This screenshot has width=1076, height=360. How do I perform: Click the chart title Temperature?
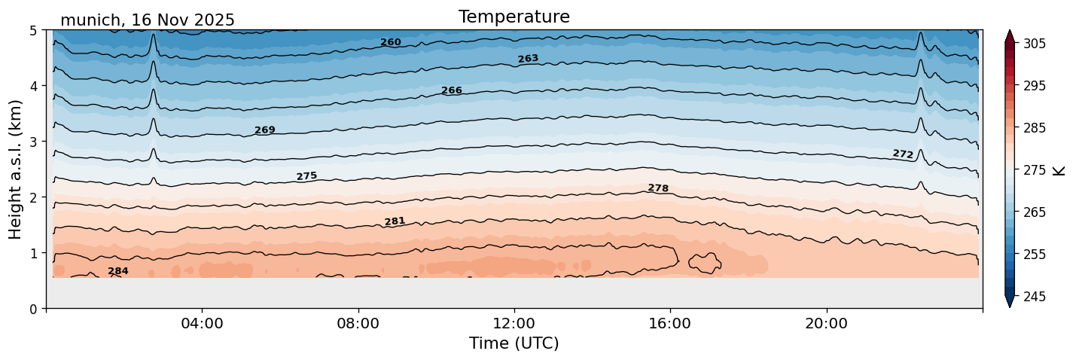tap(514, 17)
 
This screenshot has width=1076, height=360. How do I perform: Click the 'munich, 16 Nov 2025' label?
tap(147, 20)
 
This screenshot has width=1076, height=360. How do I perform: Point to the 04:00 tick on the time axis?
tap(202, 324)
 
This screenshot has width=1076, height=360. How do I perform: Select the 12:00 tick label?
tap(514, 324)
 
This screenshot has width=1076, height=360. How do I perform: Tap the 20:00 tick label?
tap(826, 324)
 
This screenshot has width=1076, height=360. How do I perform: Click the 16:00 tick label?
tap(670, 324)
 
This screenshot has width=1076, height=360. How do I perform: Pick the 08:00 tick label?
tap(358, 324)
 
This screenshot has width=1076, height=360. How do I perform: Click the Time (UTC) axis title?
tap(514, 343)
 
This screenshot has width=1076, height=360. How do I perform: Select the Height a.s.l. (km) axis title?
tap(16, 169)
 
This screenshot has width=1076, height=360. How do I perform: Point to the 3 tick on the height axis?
tap(34, 142)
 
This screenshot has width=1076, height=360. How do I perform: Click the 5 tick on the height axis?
tap(34, 30)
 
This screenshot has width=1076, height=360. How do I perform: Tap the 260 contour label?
tap(390, 42)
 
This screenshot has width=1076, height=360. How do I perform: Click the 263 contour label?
tap(528, 59)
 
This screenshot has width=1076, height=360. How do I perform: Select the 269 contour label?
tap(264, 130)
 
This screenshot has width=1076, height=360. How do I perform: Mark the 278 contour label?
tap(658, 188)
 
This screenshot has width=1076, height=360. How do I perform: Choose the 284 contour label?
tap(118, 271)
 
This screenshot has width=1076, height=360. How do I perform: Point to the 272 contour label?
tap(903, 154)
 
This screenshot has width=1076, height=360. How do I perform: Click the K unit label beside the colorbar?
tap(1059, 170)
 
